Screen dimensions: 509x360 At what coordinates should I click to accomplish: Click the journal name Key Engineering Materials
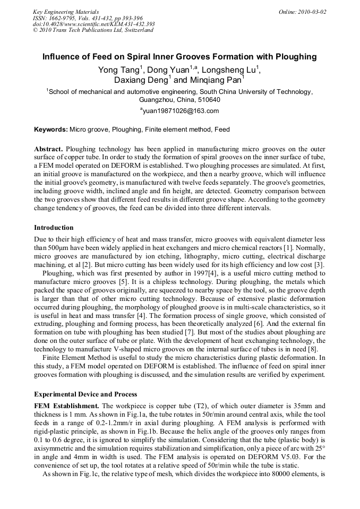(66, 12)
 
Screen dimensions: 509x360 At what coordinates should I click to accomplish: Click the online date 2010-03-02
(310, 12)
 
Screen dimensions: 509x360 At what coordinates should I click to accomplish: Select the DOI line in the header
(93, 24)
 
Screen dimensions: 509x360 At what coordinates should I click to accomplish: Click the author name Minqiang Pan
(215, 81)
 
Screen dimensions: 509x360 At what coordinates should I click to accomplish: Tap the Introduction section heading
(54, 228)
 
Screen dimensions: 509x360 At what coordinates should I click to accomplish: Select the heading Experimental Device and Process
(85, 394)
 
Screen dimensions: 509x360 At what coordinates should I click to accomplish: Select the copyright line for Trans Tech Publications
(93, 30)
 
